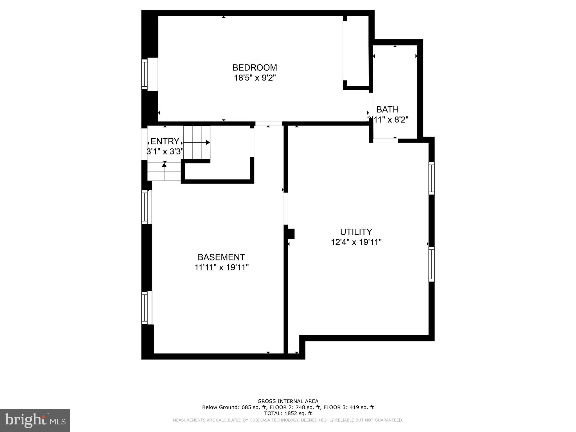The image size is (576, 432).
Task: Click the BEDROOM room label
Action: click(x=255, y=67)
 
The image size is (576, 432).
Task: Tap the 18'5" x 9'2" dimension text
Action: click(x=255, y=78)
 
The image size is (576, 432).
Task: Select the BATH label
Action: click(x=387, y=109)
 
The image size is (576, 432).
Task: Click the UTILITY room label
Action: click(x=356, y=232)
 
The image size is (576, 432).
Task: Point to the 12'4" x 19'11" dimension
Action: click(x=356, y=242)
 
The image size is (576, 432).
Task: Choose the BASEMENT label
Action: click(x=221, y=257)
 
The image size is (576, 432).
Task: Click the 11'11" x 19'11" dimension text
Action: click(x=221, y=267)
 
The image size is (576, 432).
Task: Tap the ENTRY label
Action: click(x=165, y=141)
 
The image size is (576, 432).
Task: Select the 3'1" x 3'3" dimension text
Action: click(x=165, y=152)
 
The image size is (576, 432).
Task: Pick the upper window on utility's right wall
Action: click(x=431, y=178)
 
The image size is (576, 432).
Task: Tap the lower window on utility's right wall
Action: click(x=431, y=264)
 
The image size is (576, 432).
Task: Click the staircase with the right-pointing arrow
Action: click(x=197, y=142)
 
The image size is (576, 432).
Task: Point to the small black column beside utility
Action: click(x=291, y=234)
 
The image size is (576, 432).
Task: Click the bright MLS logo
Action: click(x=35, y=420)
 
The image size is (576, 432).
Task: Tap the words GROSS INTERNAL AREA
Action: click(x=288, y=401)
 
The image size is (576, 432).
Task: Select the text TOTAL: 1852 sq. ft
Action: click(x=288, y=413)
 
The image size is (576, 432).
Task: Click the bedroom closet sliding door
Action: click(x=345, y=51)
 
